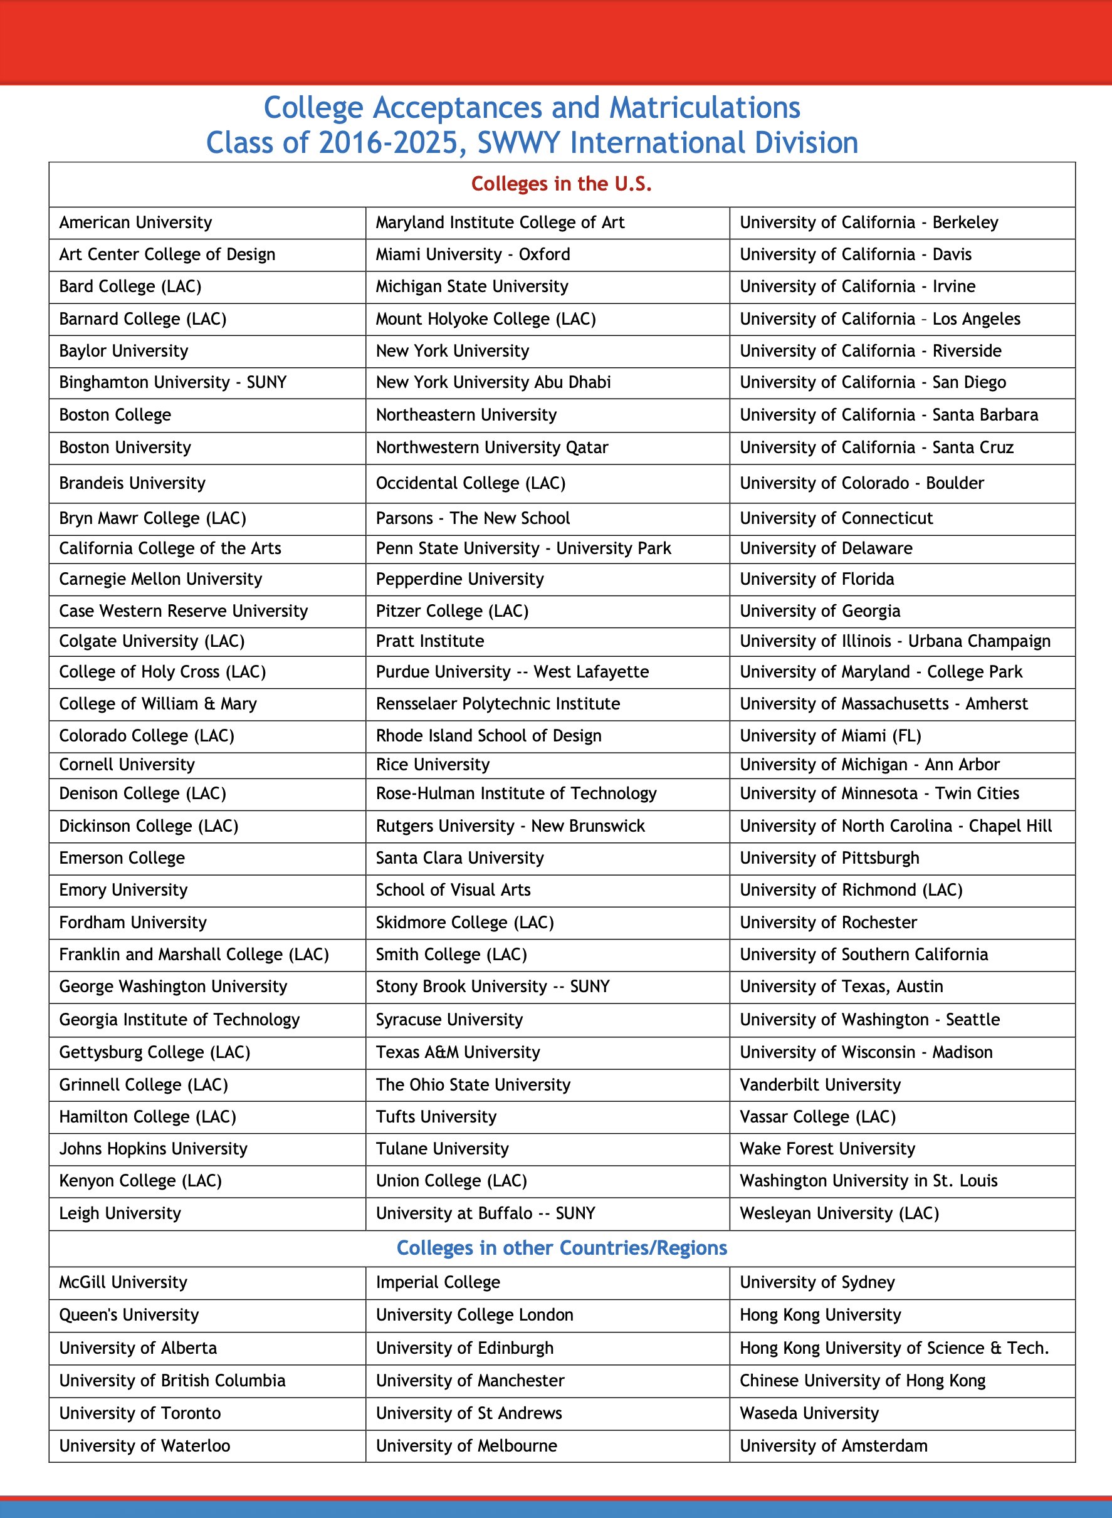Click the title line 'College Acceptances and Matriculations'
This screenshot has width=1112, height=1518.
(x=532, y=108)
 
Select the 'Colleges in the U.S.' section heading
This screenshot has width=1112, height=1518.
(x=562, y=184)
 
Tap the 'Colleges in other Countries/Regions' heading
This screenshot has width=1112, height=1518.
(x=562, y=1248)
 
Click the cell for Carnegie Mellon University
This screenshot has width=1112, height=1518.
(x=161, y=579)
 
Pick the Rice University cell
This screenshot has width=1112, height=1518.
(x=433, y=765)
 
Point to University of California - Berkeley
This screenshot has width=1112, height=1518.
(x=869, y=222)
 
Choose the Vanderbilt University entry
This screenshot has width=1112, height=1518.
(x=820, y=1085)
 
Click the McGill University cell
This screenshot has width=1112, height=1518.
(x=123, y=1282)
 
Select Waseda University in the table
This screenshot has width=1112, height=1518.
(x=809, y=1413)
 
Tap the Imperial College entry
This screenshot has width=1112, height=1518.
(x=438, y=1282)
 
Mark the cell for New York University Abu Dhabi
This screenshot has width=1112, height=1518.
(x=493, y=383)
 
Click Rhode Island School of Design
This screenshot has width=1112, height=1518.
(x=489, y=736)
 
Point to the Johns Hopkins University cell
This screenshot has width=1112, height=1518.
(x=154, y=1149)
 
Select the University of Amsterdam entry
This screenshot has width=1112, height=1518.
(x=833, y=1446)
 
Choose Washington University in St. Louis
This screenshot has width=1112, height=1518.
(x=868, y=1181)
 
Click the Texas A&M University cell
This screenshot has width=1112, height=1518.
(x=458, y=1052)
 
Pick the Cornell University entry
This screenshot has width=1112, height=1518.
(x=127, y=765)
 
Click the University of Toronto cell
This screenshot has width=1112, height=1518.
(x=140, y=1413)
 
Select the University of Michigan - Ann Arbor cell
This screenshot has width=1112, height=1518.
(x=869, y=765)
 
